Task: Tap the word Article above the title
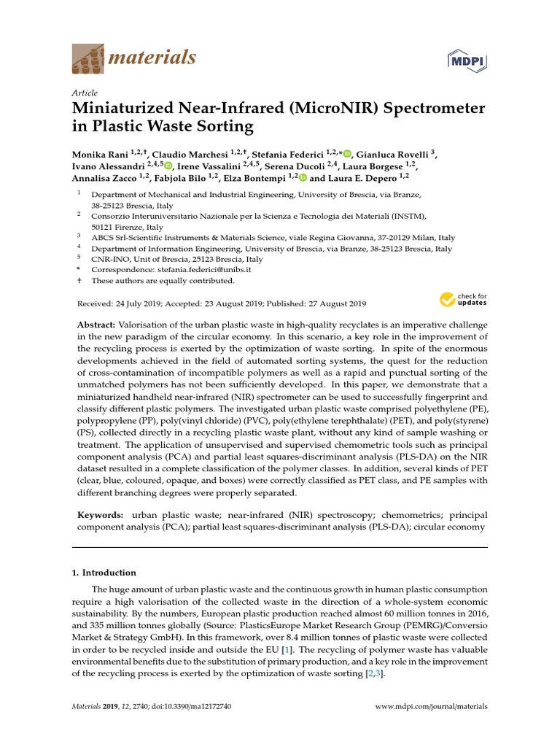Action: tap(85, 93)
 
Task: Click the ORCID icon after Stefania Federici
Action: tap(347, 154)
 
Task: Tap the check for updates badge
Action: tap(463, 299)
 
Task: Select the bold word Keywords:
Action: tap(101, 515)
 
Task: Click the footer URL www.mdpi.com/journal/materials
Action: tap(431, 707)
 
